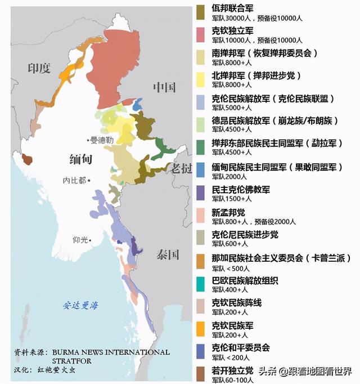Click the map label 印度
tap(39, 69)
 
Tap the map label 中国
tap(164, 87)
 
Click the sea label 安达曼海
tap(80, 306)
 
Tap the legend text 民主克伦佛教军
tap(241, 190)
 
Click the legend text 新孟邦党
tap(228, 212)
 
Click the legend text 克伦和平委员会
tap(241, 347)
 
